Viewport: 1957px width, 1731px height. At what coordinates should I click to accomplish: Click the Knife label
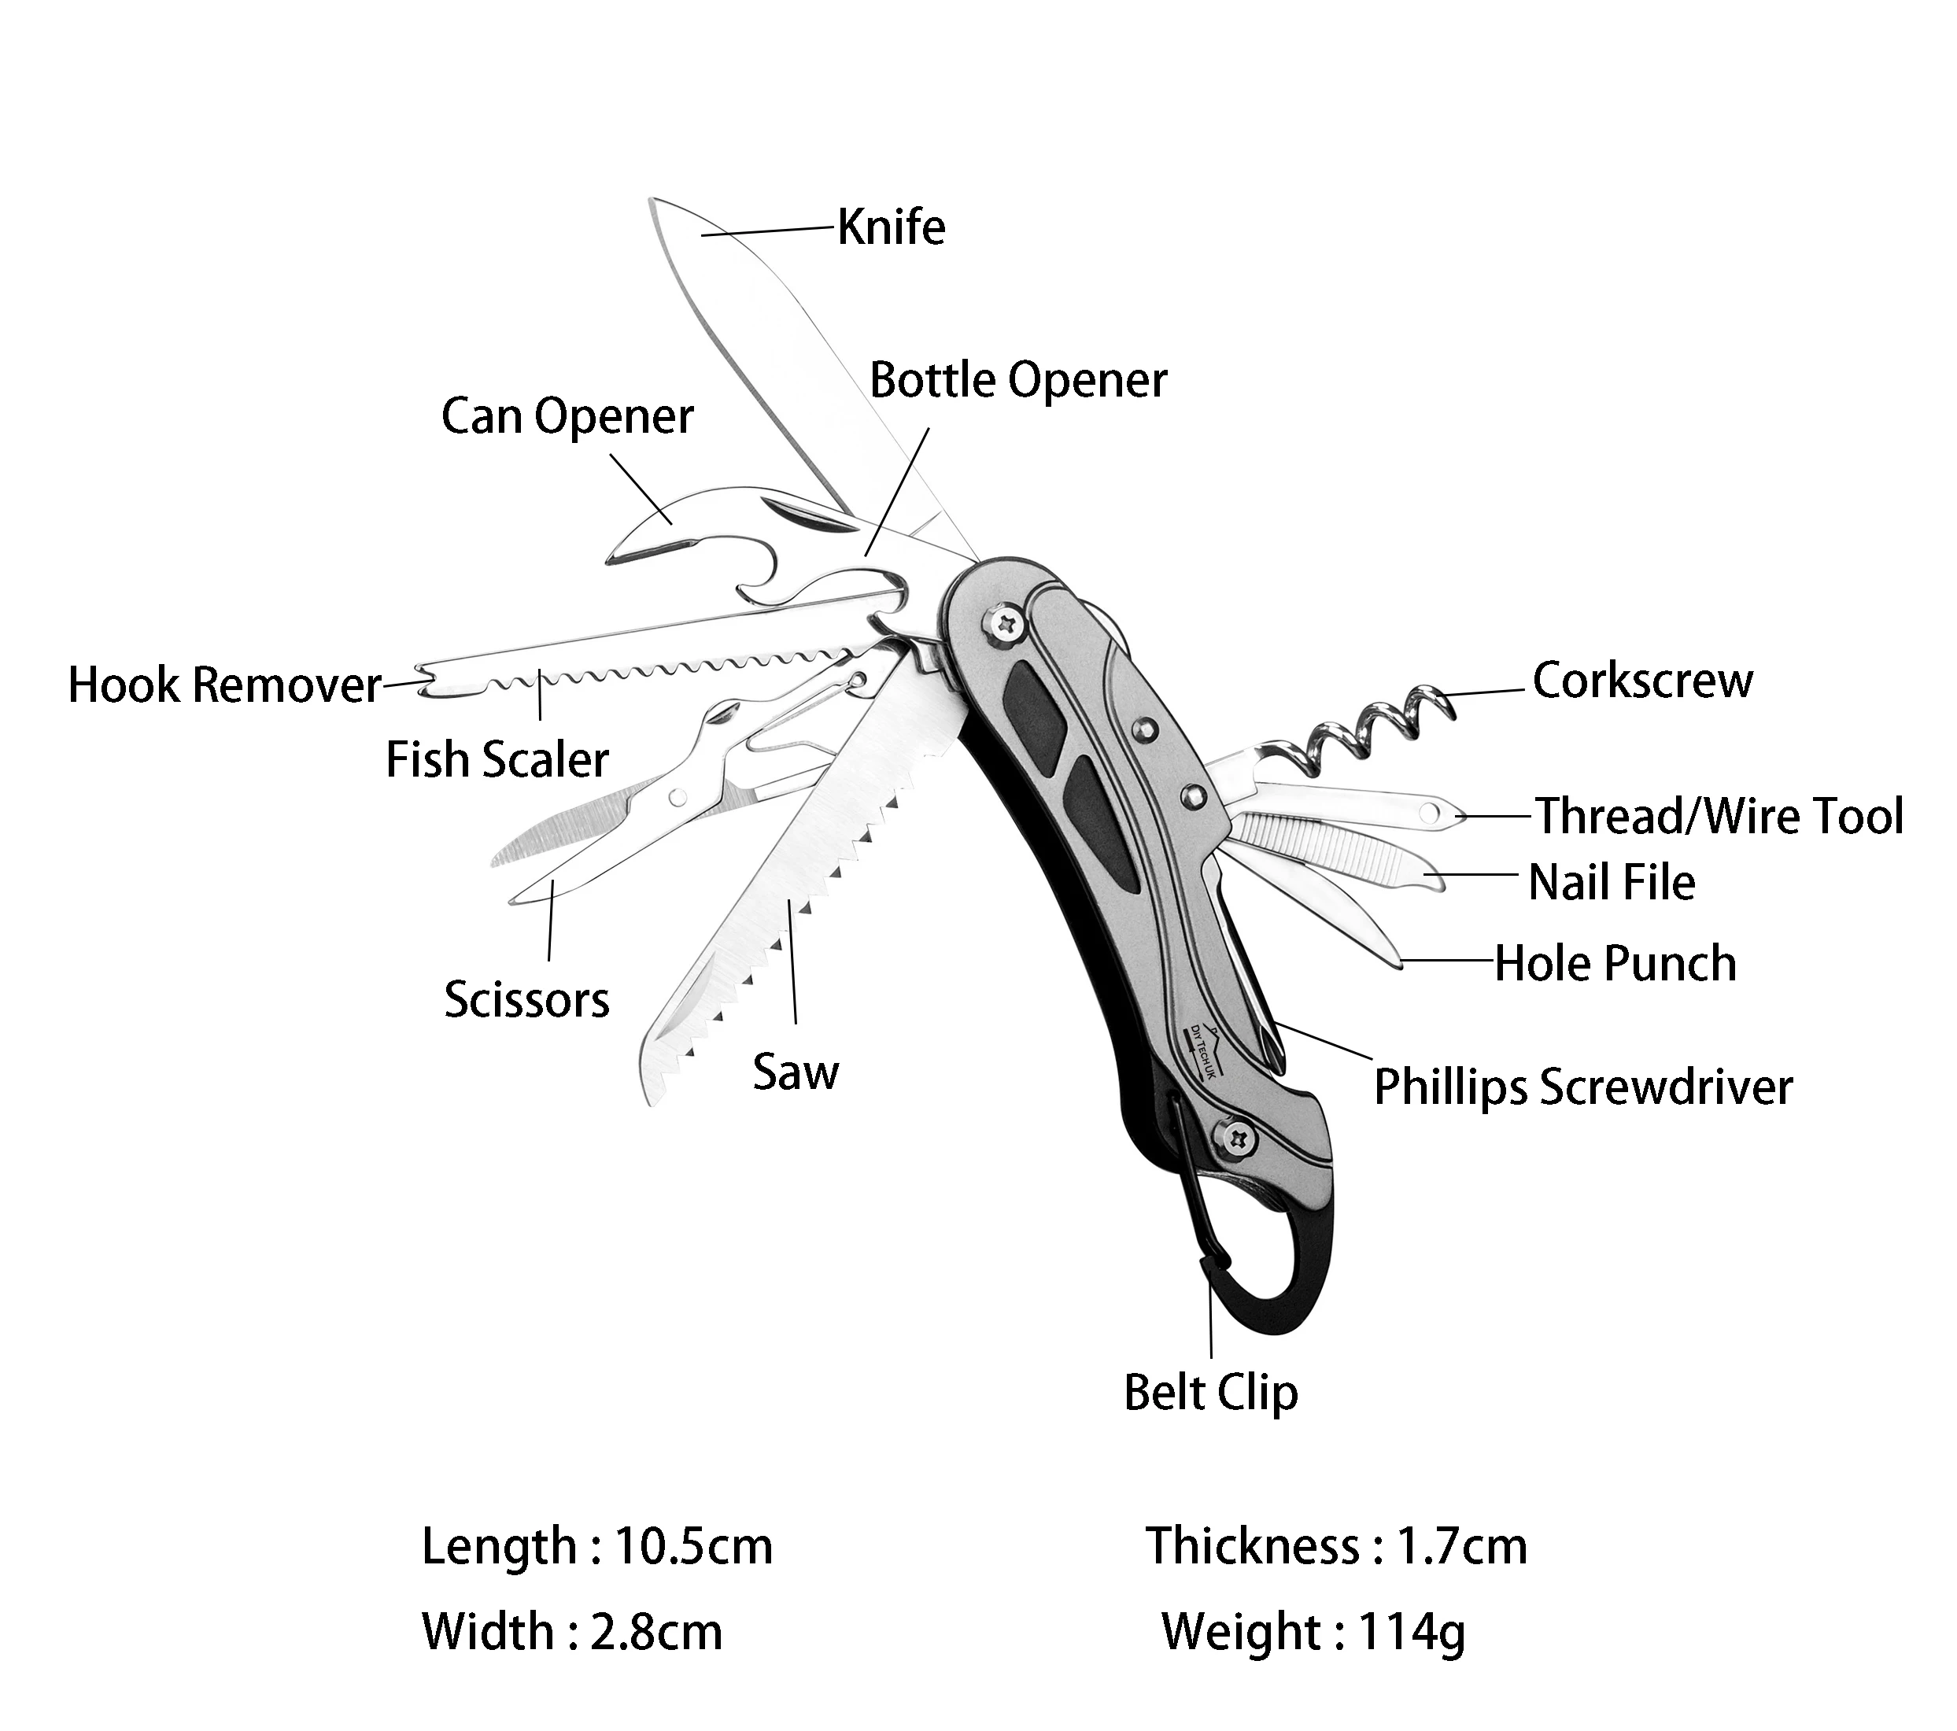coord(892,228)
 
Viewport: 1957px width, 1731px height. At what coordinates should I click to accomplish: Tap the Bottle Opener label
coord(1017,380)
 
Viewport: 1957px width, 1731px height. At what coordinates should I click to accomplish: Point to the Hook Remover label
coord(225,685)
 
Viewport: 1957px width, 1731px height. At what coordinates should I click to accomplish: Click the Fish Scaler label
coord(497,760)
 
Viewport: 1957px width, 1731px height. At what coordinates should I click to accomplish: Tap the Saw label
coord(796,1072)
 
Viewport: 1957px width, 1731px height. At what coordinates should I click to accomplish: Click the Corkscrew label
coord(1643,681)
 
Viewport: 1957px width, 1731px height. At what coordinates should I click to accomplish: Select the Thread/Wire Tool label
coord(1719,817)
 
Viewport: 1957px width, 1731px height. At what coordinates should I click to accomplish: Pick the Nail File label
coord(1612,882)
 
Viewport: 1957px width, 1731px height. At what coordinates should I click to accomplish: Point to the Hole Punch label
coord(1615,963)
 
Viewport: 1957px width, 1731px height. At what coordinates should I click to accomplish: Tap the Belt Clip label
coord(1211,1393)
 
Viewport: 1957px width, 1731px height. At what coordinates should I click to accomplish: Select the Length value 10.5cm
coord(693,1546)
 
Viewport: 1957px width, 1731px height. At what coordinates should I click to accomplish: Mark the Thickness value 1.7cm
coord(1462,1546)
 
